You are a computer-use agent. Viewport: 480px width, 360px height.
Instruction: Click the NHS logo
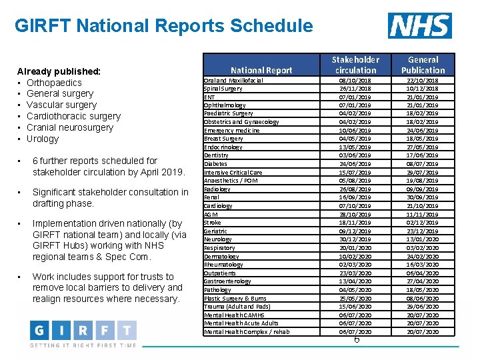[x=419, y=26]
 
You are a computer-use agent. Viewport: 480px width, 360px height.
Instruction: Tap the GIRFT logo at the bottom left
[x=83, y=331]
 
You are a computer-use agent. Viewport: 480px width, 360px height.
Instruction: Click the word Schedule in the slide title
[x=271, y=26]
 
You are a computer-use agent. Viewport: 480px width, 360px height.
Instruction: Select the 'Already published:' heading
[x=59, y=71]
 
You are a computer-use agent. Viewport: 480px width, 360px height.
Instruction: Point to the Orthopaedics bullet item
[x=54, y=83]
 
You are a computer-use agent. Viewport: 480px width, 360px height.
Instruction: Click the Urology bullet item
[x=43, y=139]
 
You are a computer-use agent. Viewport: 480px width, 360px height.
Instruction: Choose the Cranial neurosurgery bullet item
[x=70, y=127]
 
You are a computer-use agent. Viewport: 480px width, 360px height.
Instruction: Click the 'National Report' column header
[x=261, y=70]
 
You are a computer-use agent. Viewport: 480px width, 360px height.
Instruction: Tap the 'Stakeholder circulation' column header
[x=356, y=65]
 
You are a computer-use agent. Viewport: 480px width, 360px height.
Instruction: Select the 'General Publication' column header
[x=423, y=65]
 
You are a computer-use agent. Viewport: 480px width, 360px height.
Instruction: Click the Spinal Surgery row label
[x=223, y=89]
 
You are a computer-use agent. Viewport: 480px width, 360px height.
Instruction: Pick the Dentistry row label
[x=216, y=155]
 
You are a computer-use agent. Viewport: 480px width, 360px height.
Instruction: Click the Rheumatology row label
[x=223, y=265]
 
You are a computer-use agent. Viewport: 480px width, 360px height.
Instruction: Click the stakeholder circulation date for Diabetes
[x=356, y=164]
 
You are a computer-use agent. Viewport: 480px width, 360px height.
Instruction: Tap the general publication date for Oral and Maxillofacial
[x=423, y=80]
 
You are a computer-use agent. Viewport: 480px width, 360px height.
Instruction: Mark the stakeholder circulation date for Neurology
[x=356, y=239]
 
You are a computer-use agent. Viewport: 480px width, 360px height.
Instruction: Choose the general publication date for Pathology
[x=423, y=290]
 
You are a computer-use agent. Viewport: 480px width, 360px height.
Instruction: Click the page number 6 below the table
[x=357, y=340]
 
